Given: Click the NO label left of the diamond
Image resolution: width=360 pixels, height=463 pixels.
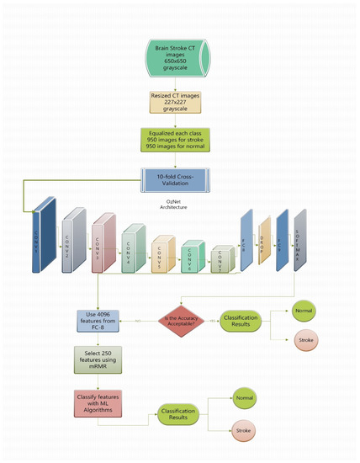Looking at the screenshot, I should pyautogui.click(x=136, y=321).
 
